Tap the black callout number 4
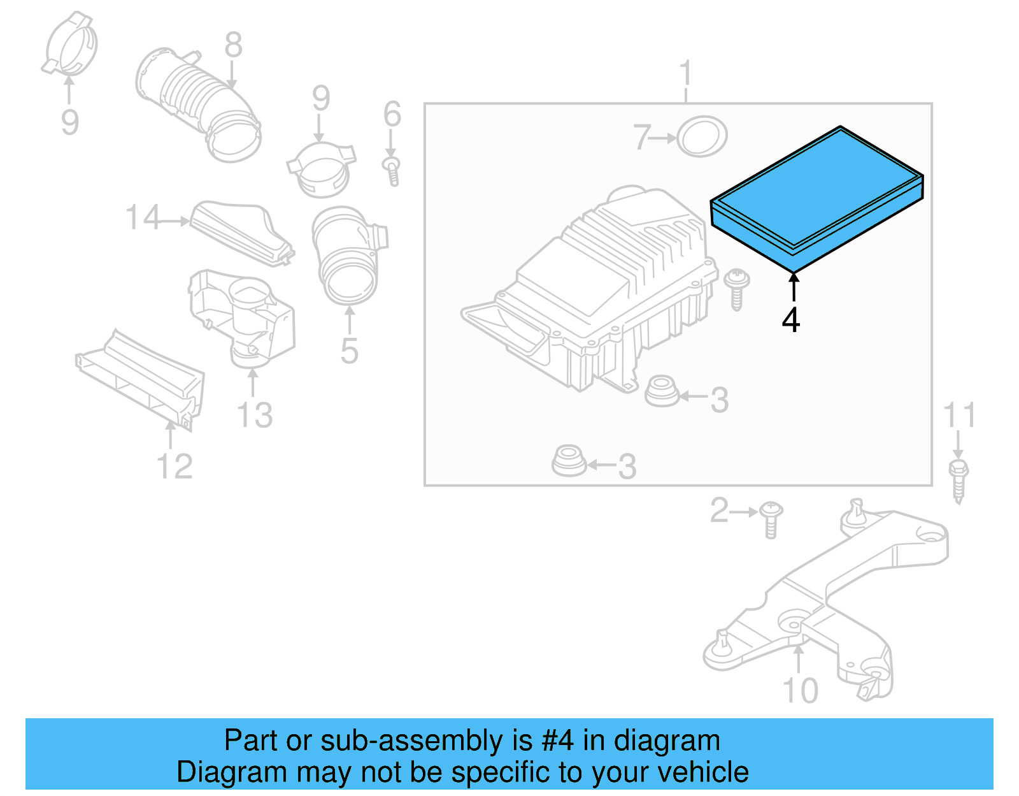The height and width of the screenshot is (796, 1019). coord(791,320)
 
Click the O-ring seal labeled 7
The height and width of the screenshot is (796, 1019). coord(701,136)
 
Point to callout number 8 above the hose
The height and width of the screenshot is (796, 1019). coord(233,45)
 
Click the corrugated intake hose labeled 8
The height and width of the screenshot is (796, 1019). coord(199,102)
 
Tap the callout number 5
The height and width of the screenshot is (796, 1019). coord(349,351)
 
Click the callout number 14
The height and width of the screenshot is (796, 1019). coord(143,218)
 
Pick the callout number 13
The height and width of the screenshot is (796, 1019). coord(255,415)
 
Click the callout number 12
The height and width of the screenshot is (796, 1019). coord(174,467)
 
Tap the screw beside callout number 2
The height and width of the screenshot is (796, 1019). coord(771,519)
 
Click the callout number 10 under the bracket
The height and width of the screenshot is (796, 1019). coord(800,690)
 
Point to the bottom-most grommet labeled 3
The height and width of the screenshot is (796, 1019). coord(568,461)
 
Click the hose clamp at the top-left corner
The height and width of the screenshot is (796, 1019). coord(71,45)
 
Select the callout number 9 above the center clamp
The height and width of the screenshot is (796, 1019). coord(321,99)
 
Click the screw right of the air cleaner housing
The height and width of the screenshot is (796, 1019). coord(736,289)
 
